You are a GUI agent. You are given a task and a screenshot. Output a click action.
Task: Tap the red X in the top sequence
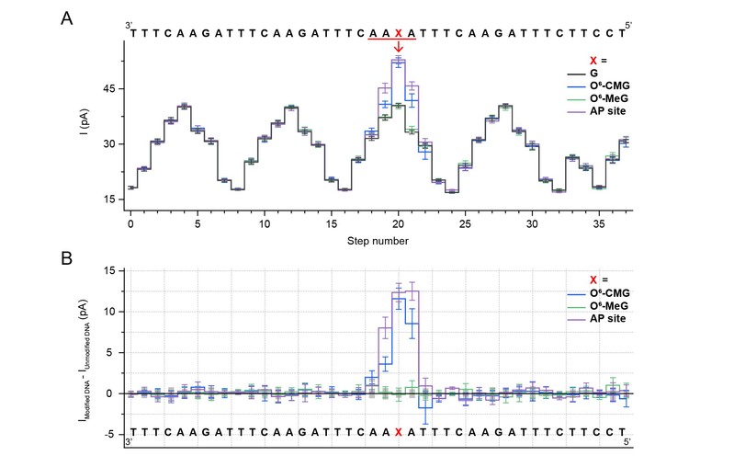tap(398, 32)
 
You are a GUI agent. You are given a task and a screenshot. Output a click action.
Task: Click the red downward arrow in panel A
tap(398, 48)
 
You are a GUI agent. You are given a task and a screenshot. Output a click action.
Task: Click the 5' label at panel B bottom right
tap(628, 444)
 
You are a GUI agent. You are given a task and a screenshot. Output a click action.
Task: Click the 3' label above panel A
tap(130, 20)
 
